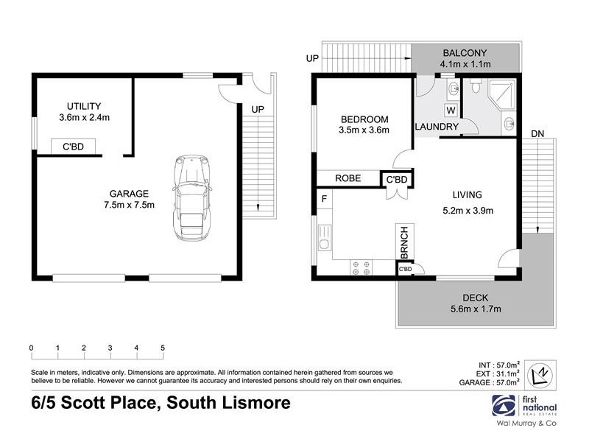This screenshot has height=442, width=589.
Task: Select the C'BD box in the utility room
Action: (x=72, y=147)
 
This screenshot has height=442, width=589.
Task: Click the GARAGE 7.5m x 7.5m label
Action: (x=129, y=199)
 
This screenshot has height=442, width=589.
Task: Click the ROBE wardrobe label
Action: (x=347, y=178)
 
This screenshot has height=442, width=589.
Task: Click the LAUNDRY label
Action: (x=437, y=127)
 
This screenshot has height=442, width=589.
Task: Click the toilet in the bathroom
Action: (x=476, y=88)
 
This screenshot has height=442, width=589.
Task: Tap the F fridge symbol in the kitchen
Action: (x=323, y=198)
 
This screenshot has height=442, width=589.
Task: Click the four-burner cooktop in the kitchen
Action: (x=361, y=267)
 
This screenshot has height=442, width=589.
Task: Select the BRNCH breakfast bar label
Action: (x=403, y=242)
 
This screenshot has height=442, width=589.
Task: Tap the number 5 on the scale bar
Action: (x=162, y=348)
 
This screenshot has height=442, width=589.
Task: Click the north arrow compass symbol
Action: (x=541, y=373)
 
